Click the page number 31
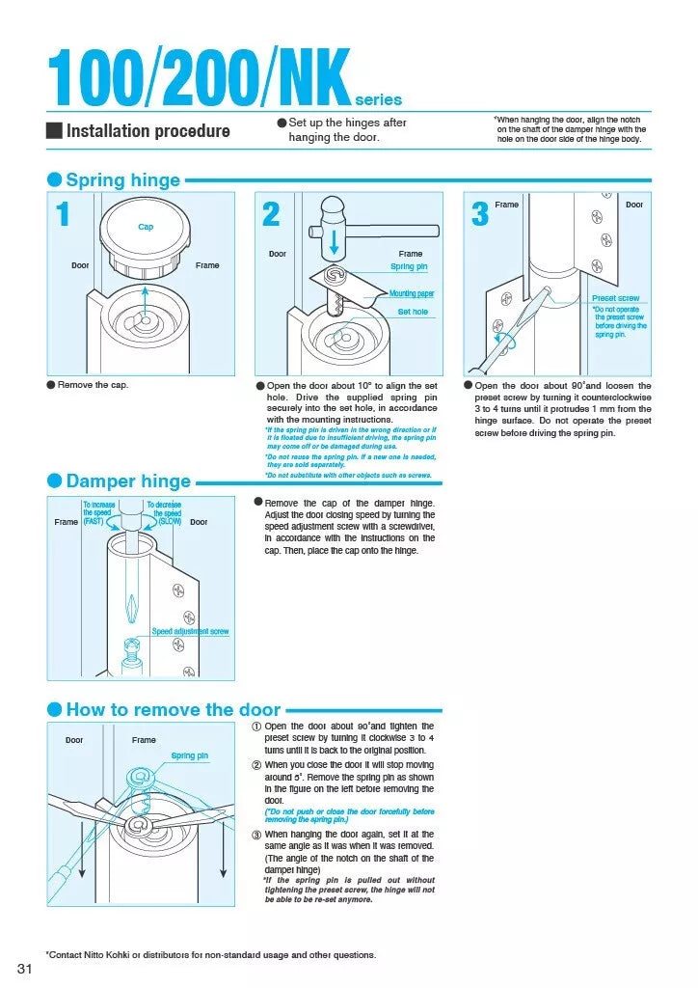pos(26,968)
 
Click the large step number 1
pos(64,214)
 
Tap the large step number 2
pos(271,214)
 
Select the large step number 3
pos(480,214)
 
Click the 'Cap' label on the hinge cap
pos(146,227)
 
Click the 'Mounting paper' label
pos(412,293)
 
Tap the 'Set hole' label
pos(413,312)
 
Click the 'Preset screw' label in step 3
pos(615,298)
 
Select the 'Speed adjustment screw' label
pos(190,631)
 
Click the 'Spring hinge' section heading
pos(122,180)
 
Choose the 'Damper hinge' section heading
pos(128,481)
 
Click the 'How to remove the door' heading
pos(174,710)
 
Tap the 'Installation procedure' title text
pos(148,131)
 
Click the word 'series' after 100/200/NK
pos(379,99)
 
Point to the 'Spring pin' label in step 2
pos(409,266)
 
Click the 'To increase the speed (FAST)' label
pos(98,512)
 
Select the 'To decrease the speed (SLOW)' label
pos(164,512)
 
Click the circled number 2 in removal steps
pos(256,765)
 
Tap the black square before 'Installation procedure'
pos(54,131)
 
